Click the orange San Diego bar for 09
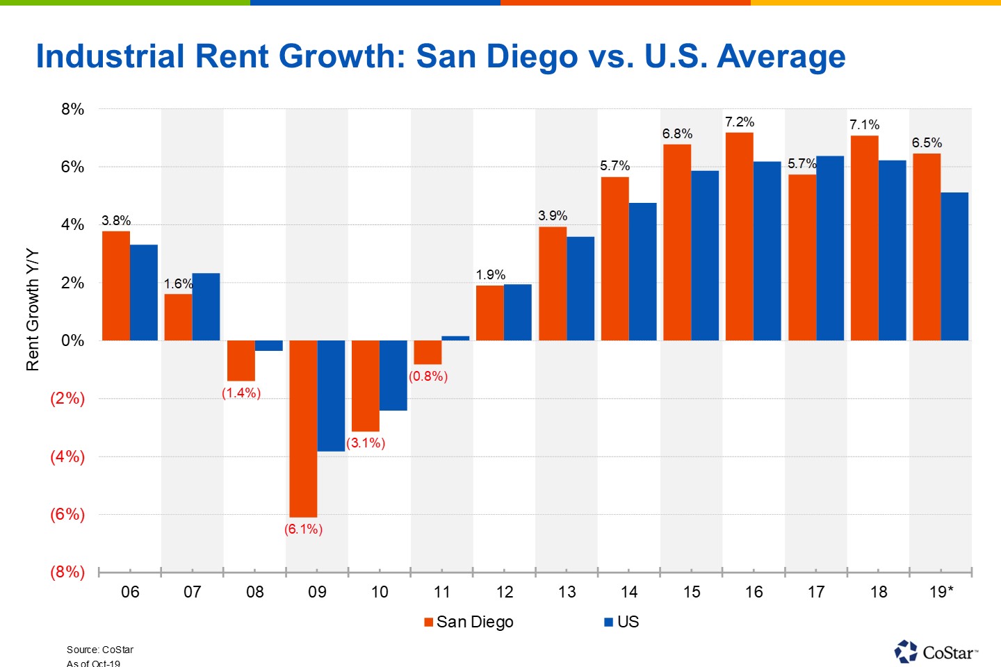coord(303,428)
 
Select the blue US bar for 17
coord(829,248)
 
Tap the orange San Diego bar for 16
coord(739,236)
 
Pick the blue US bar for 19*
coord(954,266)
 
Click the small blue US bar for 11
coord(455,338)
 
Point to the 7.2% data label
coord(739,122)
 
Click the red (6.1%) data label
coord(303,529)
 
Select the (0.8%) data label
coord(428,377)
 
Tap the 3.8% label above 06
coord(116,221)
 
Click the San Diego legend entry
coord(469,622)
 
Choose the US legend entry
coord(621,622)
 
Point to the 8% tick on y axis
coord(72,109)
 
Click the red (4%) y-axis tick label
coord(67,456)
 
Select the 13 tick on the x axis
coord(567,592)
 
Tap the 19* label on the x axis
coord(941,592)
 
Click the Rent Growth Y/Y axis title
coord(33,310)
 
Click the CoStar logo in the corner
coord(936,652)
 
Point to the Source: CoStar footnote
coord(100,650)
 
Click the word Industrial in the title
coord(110,56)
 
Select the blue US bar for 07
coord(206,306)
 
